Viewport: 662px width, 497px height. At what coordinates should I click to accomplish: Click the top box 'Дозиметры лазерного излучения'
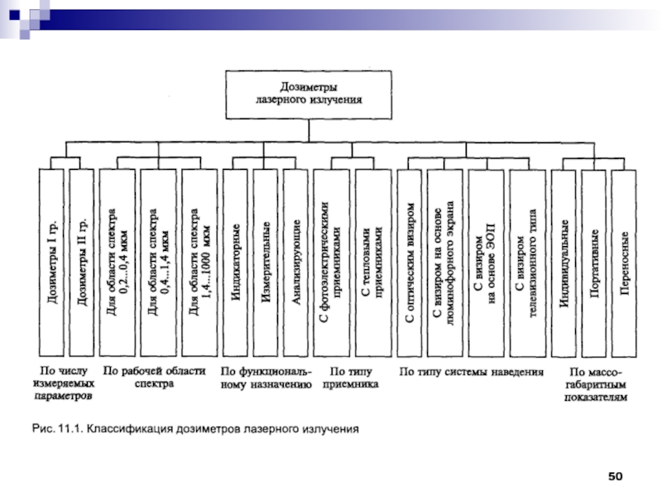click(x=308, y=93)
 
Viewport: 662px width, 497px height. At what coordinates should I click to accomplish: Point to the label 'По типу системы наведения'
click(x=471, y=373)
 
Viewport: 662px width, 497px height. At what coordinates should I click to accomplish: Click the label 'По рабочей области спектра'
click(x=153, y=379)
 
